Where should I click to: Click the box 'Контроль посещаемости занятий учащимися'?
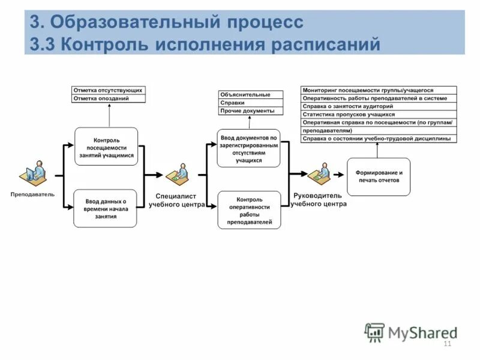(106, 146)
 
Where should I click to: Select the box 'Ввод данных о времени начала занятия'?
(105, 208)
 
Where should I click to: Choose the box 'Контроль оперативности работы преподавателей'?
(249, 210)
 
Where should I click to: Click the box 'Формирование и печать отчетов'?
(379, 176)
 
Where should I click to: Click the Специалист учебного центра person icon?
(177, 175)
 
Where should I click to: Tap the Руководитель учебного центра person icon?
(319, 175)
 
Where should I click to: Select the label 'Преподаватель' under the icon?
(32, 194)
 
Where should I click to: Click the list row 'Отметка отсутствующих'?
(109, 90)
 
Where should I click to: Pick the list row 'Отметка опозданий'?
(109, 98)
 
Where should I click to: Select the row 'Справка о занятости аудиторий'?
(379, 106)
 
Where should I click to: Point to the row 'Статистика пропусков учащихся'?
(379, 114)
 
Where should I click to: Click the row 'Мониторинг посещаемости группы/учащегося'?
(379, 90)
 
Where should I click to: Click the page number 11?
(446, 343)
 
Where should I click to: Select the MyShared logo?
(412, 332)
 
